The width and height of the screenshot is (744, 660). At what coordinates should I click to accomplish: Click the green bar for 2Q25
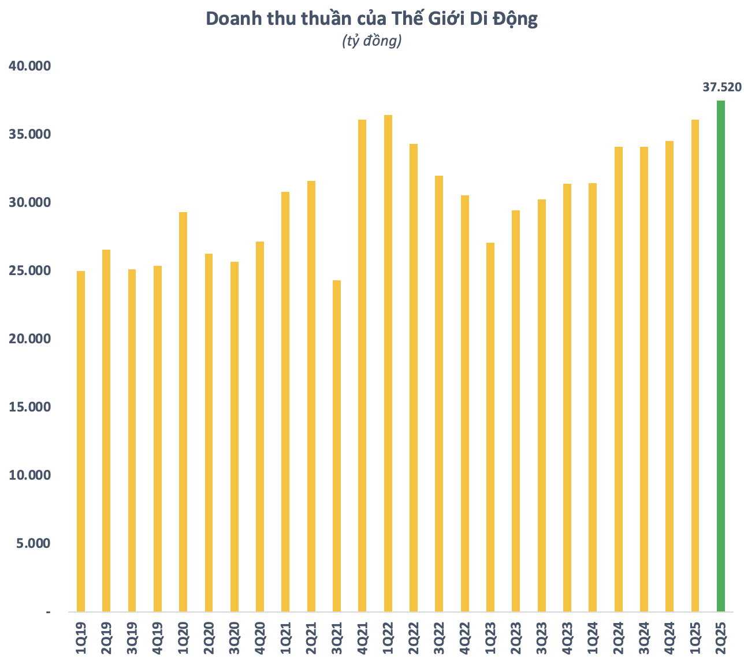720,356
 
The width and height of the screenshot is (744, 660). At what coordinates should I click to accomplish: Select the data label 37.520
721,87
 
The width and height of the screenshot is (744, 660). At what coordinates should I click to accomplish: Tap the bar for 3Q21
337,446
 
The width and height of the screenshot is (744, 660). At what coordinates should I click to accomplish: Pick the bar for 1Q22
388,363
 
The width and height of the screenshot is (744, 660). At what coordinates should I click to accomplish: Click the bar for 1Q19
81,441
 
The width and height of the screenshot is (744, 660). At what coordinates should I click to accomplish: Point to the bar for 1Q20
183,411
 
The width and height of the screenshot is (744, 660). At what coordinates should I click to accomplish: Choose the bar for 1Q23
490,427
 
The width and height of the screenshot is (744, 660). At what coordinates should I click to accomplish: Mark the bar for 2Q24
619,379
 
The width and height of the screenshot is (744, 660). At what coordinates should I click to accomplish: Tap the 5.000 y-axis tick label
34,543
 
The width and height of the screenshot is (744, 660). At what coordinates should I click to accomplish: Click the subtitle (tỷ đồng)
371,41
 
